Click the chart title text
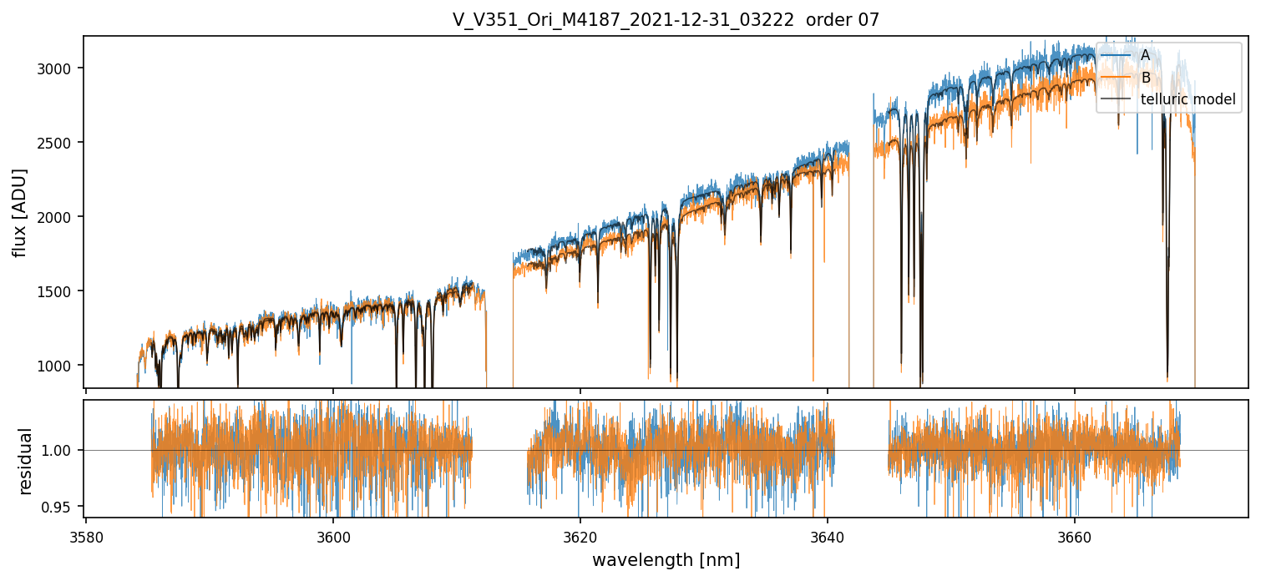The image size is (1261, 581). point(666,20)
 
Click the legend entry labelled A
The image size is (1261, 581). point(1146,55)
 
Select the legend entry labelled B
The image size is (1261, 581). point(1146,78)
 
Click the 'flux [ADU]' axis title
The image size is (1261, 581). point(20,212)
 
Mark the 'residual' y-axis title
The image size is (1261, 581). point(25,461)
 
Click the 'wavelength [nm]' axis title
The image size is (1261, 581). point(666,560)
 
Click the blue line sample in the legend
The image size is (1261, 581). point(1116,55)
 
